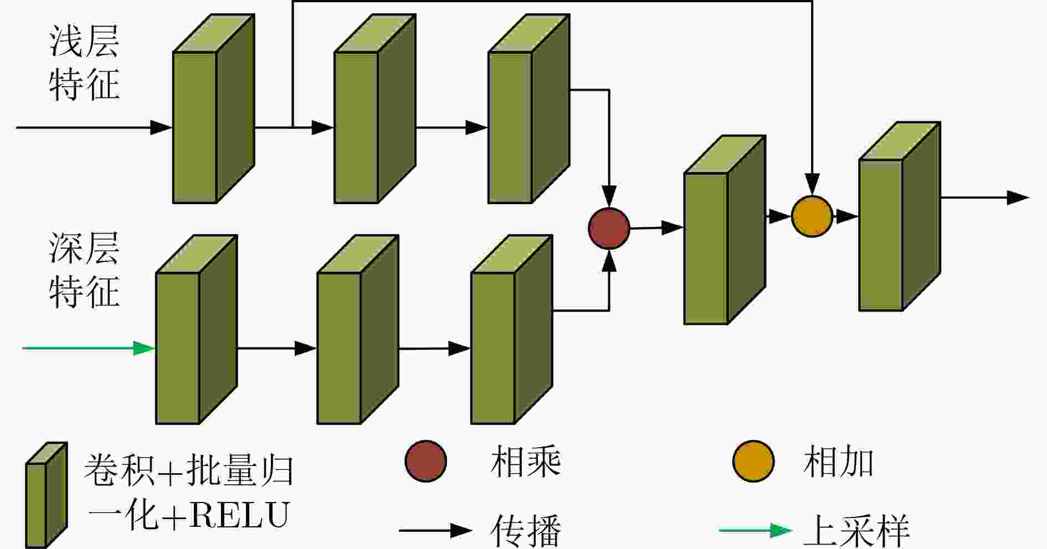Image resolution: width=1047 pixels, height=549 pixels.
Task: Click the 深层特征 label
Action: pos(84,270)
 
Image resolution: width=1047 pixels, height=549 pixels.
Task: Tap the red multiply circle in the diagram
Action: pos(609,228)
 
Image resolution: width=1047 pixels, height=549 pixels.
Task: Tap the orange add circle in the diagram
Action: pos(812,216)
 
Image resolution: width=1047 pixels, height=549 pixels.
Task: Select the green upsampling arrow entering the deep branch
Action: pos(89,348)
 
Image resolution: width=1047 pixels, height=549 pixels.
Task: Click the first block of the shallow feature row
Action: pos(213,108)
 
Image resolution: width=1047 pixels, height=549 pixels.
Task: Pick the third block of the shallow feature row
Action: pos(528,108)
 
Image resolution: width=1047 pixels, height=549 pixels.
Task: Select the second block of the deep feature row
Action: pos(358,329)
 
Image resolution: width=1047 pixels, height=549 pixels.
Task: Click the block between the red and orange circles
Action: pos(725,230)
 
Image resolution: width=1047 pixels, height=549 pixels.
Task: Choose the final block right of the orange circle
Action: pos(900,216)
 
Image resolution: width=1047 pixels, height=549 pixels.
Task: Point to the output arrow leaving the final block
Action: pos(985,198)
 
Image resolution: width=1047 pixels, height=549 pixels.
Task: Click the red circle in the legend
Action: pos(425,461)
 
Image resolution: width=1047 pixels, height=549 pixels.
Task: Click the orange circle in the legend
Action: pos(753,461)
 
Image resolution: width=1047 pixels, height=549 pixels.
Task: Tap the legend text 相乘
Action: pos(526,462)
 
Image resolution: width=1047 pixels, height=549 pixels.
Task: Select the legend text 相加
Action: pos(838,462)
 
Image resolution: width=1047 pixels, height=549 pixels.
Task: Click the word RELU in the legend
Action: pos(239,515)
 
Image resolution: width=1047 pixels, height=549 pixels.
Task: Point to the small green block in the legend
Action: pos(47,495)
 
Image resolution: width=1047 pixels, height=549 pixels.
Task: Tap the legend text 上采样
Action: pos(856,531)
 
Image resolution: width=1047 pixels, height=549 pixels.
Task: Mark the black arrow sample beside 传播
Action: pos(435,530)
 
